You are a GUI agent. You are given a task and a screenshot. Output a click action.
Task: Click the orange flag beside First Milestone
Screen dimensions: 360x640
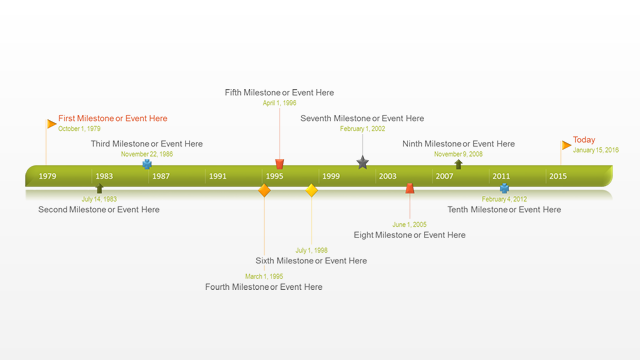[51, 124]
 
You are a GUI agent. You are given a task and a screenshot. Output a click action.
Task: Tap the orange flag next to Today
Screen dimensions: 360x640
[566, 145]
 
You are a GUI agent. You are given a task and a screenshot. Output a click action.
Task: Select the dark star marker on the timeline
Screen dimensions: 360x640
[362, 162]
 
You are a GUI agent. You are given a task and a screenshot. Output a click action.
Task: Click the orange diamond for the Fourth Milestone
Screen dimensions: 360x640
[264, 190]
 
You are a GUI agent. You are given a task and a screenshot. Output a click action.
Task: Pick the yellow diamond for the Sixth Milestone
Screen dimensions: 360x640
[311, 190]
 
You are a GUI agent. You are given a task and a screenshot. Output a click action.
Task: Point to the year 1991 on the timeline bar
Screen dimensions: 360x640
[217, 176]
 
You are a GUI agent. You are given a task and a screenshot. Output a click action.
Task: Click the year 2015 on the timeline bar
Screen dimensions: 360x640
[557, 176]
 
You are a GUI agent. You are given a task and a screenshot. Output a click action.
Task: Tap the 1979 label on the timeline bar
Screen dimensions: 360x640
[47, 176]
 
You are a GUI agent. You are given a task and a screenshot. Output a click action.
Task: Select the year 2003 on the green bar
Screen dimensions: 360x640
[387, 176]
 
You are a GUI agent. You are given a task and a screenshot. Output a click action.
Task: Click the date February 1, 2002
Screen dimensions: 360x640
[362, 129]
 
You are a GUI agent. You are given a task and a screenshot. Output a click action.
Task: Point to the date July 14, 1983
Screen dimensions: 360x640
[99, 199]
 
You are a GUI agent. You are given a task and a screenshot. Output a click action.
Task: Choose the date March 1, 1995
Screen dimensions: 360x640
[264, 276]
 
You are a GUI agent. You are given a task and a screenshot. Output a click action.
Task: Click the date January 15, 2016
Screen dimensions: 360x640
[596, 150]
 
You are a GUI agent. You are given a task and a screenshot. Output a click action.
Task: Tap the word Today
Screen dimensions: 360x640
[584, 140]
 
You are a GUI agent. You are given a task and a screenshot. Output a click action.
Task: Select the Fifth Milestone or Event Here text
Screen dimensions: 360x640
[279, 93]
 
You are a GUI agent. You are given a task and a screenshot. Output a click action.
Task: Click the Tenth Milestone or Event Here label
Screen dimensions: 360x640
[504, 210]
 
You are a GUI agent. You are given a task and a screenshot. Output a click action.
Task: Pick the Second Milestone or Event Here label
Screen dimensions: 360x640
[99, 210]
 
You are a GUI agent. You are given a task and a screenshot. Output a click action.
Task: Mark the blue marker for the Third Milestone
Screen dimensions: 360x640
[147, 164]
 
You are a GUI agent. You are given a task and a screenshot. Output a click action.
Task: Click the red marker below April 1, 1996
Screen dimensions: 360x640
[280, 163]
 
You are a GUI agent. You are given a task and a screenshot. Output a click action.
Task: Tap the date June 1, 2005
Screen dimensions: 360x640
[409, 224]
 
